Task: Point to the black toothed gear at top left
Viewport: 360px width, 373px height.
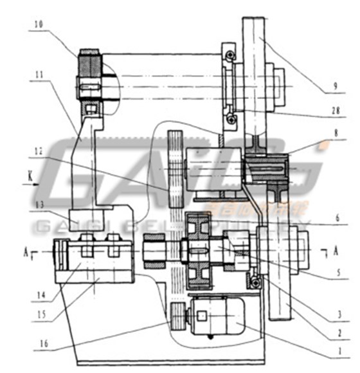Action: [x=91, y=66]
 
